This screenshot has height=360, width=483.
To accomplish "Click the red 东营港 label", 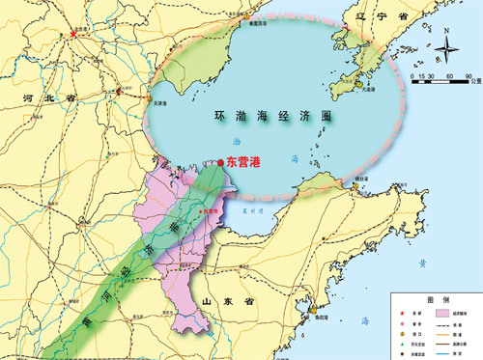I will tap(244, 163).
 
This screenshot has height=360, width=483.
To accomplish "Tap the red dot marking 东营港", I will tap(221, 163).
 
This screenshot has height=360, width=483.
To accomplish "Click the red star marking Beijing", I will tap(73, 35).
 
